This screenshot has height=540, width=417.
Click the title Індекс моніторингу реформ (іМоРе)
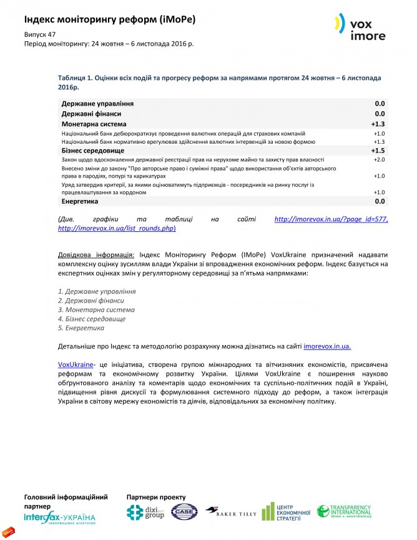coord(110,19)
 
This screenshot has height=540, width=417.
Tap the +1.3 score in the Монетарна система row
coord(378,124)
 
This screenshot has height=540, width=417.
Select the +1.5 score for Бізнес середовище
coord(378,151)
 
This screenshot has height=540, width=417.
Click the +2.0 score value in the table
coord(379,160)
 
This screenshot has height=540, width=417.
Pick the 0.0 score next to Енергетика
coord(380,201)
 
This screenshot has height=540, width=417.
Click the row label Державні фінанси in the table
coord(91,114)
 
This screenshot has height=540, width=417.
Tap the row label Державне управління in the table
coord(97,103)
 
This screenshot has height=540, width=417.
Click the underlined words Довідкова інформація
coord(97,255)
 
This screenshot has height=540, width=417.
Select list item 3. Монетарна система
coord(96,309)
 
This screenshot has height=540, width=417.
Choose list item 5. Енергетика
coord(81,327)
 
